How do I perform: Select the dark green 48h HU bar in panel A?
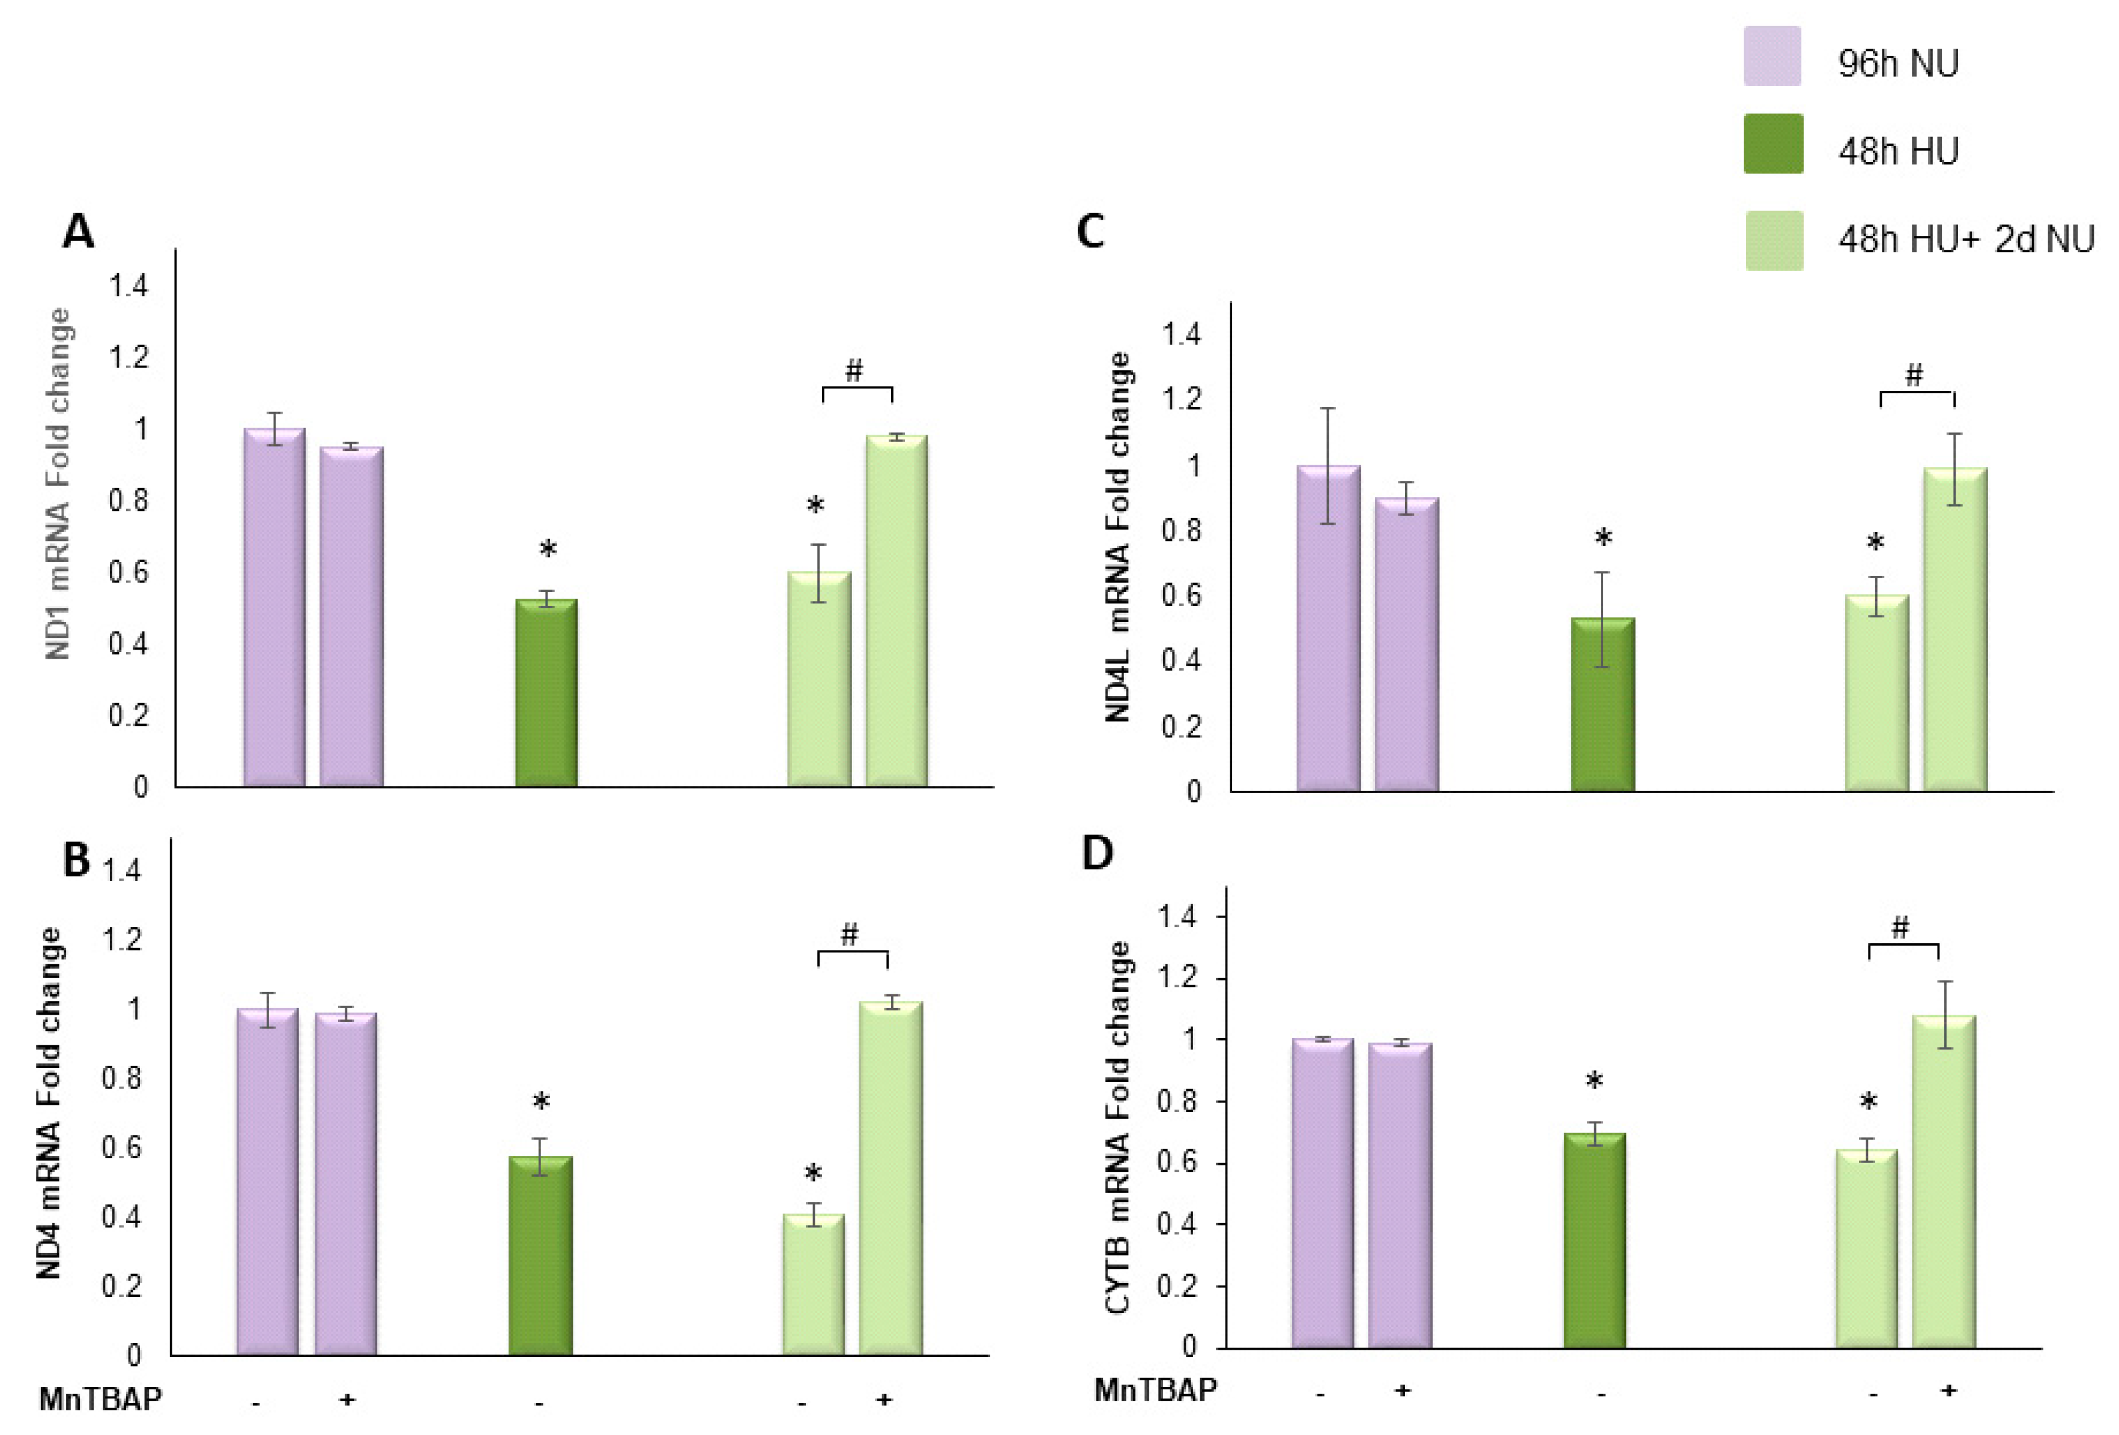pos(546,693)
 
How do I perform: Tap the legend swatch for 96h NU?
pos(1771,56)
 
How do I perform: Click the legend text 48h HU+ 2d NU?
pos(1965,240)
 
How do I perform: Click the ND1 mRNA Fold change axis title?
pos(58,483)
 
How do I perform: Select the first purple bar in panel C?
pos(1328,629)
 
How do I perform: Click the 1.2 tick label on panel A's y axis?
pos(128,357)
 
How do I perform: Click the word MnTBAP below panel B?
pos(100,1398)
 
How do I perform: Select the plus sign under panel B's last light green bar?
pos(883,1398)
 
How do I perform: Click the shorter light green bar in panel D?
pos(1866,1249)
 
